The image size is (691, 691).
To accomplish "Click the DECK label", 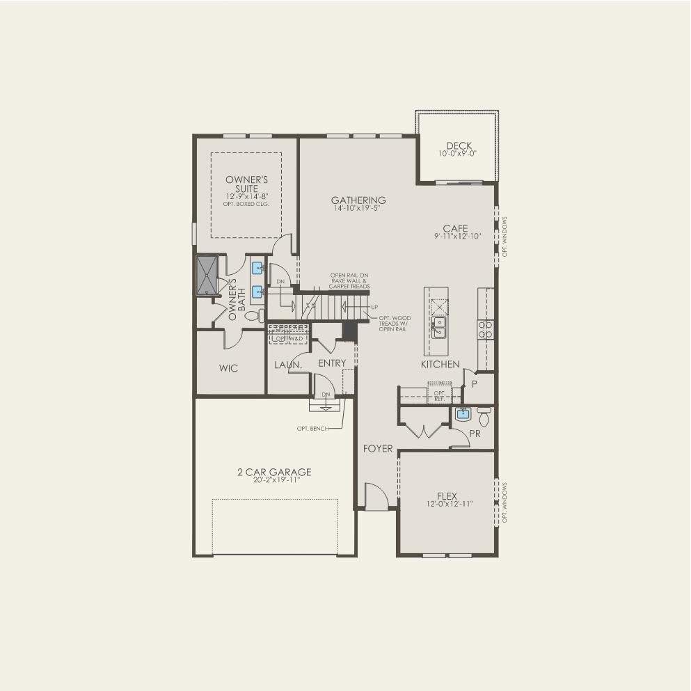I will tap(459, 146).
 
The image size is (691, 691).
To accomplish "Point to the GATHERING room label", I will tap(358, 200).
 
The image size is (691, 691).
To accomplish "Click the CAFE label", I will tap(456, 228).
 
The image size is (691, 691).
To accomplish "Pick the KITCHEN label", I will tap(440, 364).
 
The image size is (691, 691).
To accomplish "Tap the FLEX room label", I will tap(447, 496).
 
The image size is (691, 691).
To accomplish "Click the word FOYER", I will tap(378, 449).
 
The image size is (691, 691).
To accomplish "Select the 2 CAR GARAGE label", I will tap(273, 472).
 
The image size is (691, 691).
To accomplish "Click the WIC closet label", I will tap(228, 367).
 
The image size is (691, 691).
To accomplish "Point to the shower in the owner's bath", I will tap(207, 276).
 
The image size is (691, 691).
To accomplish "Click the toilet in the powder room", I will tap(484, 416).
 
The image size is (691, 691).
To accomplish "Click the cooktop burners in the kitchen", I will tap(484, 328).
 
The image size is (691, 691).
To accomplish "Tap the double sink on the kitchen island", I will tap(439, 327).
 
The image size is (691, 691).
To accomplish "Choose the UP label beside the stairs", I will tap(374, 307).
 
